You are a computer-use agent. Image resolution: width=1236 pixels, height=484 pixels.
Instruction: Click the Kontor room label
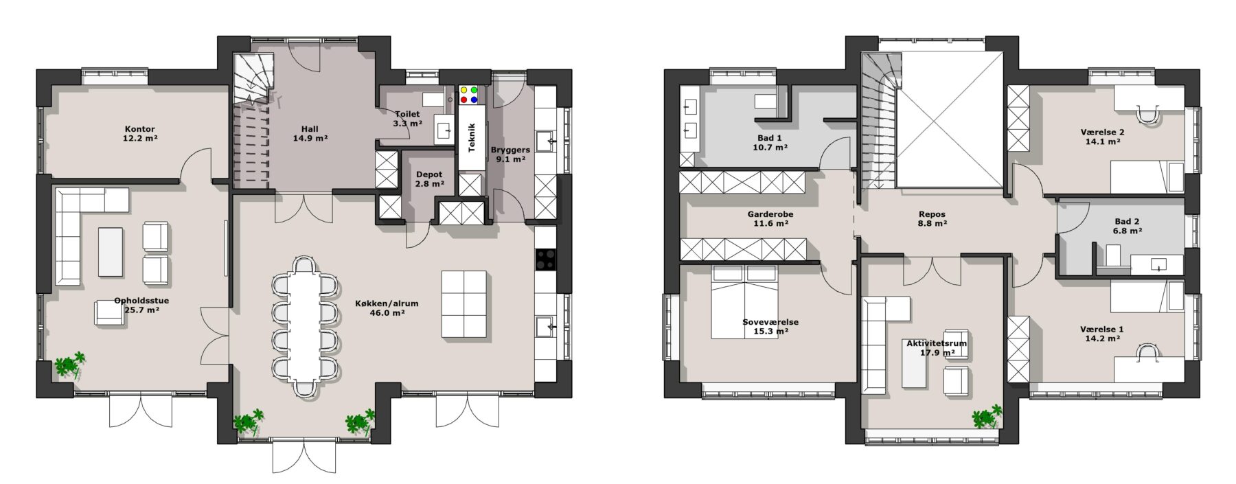pyautogui.click(x=139, y=129)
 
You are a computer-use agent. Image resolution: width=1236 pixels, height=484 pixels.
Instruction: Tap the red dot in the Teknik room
pyautogui.click(x=463, y=100)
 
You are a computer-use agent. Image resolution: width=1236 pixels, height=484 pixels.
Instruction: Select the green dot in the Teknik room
pyautogui.click(x=474, y=90)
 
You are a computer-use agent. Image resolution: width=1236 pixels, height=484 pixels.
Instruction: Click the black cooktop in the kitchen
pyautogui.click(x=545, y=259)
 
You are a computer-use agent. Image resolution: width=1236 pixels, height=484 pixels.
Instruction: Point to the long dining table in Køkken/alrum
pyautogui.click(x=304, y=325)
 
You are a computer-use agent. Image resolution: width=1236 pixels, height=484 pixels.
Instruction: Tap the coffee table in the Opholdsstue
pyautogui.click(x=111, y=252)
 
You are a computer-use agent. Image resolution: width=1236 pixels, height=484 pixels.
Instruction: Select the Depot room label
pyautogui.click(x=429, y=174)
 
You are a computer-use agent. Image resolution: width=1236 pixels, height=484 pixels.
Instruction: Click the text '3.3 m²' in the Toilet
pyautogui.click(x=408, y=124)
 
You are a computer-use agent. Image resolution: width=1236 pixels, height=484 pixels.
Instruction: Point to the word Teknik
pyautogui.click(x=471, y=137)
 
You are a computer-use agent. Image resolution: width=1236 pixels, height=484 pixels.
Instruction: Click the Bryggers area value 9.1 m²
pyautogui.click(x=510, y=159)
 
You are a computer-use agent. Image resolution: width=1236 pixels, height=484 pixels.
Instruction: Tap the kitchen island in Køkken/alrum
pyautogui.click(x=464, y=304)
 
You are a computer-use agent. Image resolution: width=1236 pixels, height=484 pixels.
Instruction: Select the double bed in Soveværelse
pyautogui.click(x=744, y=302)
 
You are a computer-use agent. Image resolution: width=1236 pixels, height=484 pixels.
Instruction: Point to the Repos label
pyautogui.click(x=932, y=214)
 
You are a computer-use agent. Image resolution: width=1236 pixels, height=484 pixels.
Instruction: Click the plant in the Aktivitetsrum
pyautogui.click(x=987, y=416)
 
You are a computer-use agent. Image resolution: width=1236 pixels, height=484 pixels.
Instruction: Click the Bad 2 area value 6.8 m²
pyautogui.click(x=1128, y=231)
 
